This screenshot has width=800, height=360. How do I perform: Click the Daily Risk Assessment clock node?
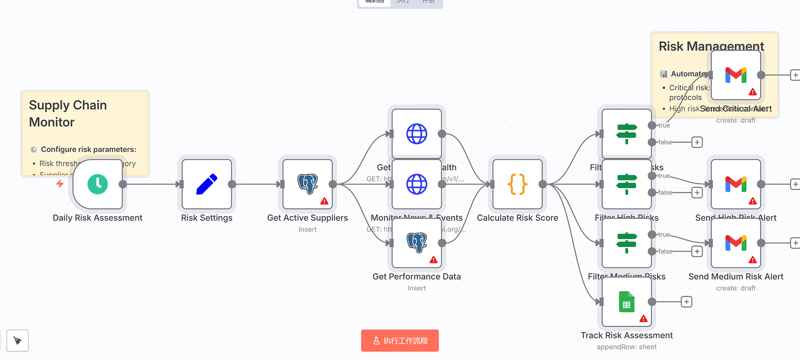(x=98, y=184)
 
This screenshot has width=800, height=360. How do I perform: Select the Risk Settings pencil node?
(x=207, y=184)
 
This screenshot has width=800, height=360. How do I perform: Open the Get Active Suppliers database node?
(x=308, y=184)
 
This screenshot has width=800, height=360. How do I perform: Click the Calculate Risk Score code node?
(x=518, y=184)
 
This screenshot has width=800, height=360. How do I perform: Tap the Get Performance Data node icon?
(x=417, y=243)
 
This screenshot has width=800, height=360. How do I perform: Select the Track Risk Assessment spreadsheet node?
(x=627, y=302)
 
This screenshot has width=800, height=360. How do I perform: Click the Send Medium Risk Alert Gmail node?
(x=736, y=243)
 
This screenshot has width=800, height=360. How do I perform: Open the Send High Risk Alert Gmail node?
(x=736, y=184)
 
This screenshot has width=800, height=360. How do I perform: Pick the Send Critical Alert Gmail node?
(x=736, y=75)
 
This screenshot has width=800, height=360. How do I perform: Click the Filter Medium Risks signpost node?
(x=627, y=243)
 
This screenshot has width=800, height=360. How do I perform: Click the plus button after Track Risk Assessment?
(x=686, y=302)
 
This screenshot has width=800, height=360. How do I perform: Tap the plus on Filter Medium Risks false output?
(x=697, y=251)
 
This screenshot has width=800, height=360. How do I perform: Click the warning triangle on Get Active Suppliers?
(x=324, y=201)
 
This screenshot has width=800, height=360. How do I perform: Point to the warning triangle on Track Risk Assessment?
(x=643, y=319)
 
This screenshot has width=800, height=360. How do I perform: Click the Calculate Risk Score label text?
(x=518, y=218)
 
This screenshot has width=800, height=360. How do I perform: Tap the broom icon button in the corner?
(x=18, y=340)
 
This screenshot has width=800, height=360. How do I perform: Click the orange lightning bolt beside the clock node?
(x=60, y=184)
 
